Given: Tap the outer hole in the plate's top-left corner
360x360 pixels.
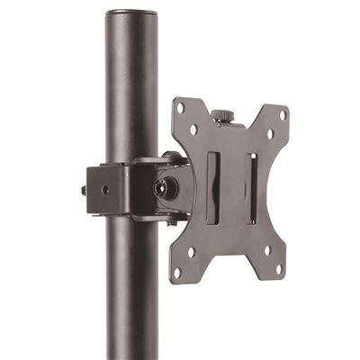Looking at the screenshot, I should [180, 108].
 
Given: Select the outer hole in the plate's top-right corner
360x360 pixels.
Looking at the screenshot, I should [283, 115].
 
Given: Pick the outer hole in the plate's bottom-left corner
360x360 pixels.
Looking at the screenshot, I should [177, 271].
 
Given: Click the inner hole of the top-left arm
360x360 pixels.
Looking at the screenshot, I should [193, 130].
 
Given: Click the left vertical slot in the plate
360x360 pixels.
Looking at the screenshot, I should [211, 188].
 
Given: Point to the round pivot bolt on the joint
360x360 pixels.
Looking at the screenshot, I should [162, 189].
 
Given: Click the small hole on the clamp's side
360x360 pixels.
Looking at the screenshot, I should [105, 190].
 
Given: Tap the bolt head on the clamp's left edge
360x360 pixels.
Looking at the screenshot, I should [84, 191].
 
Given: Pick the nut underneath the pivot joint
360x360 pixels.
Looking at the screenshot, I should [171, 221].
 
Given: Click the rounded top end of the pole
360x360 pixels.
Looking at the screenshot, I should [131, 14].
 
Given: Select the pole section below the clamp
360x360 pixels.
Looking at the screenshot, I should [131, 288].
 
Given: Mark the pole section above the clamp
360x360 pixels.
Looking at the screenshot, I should [131, 90].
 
